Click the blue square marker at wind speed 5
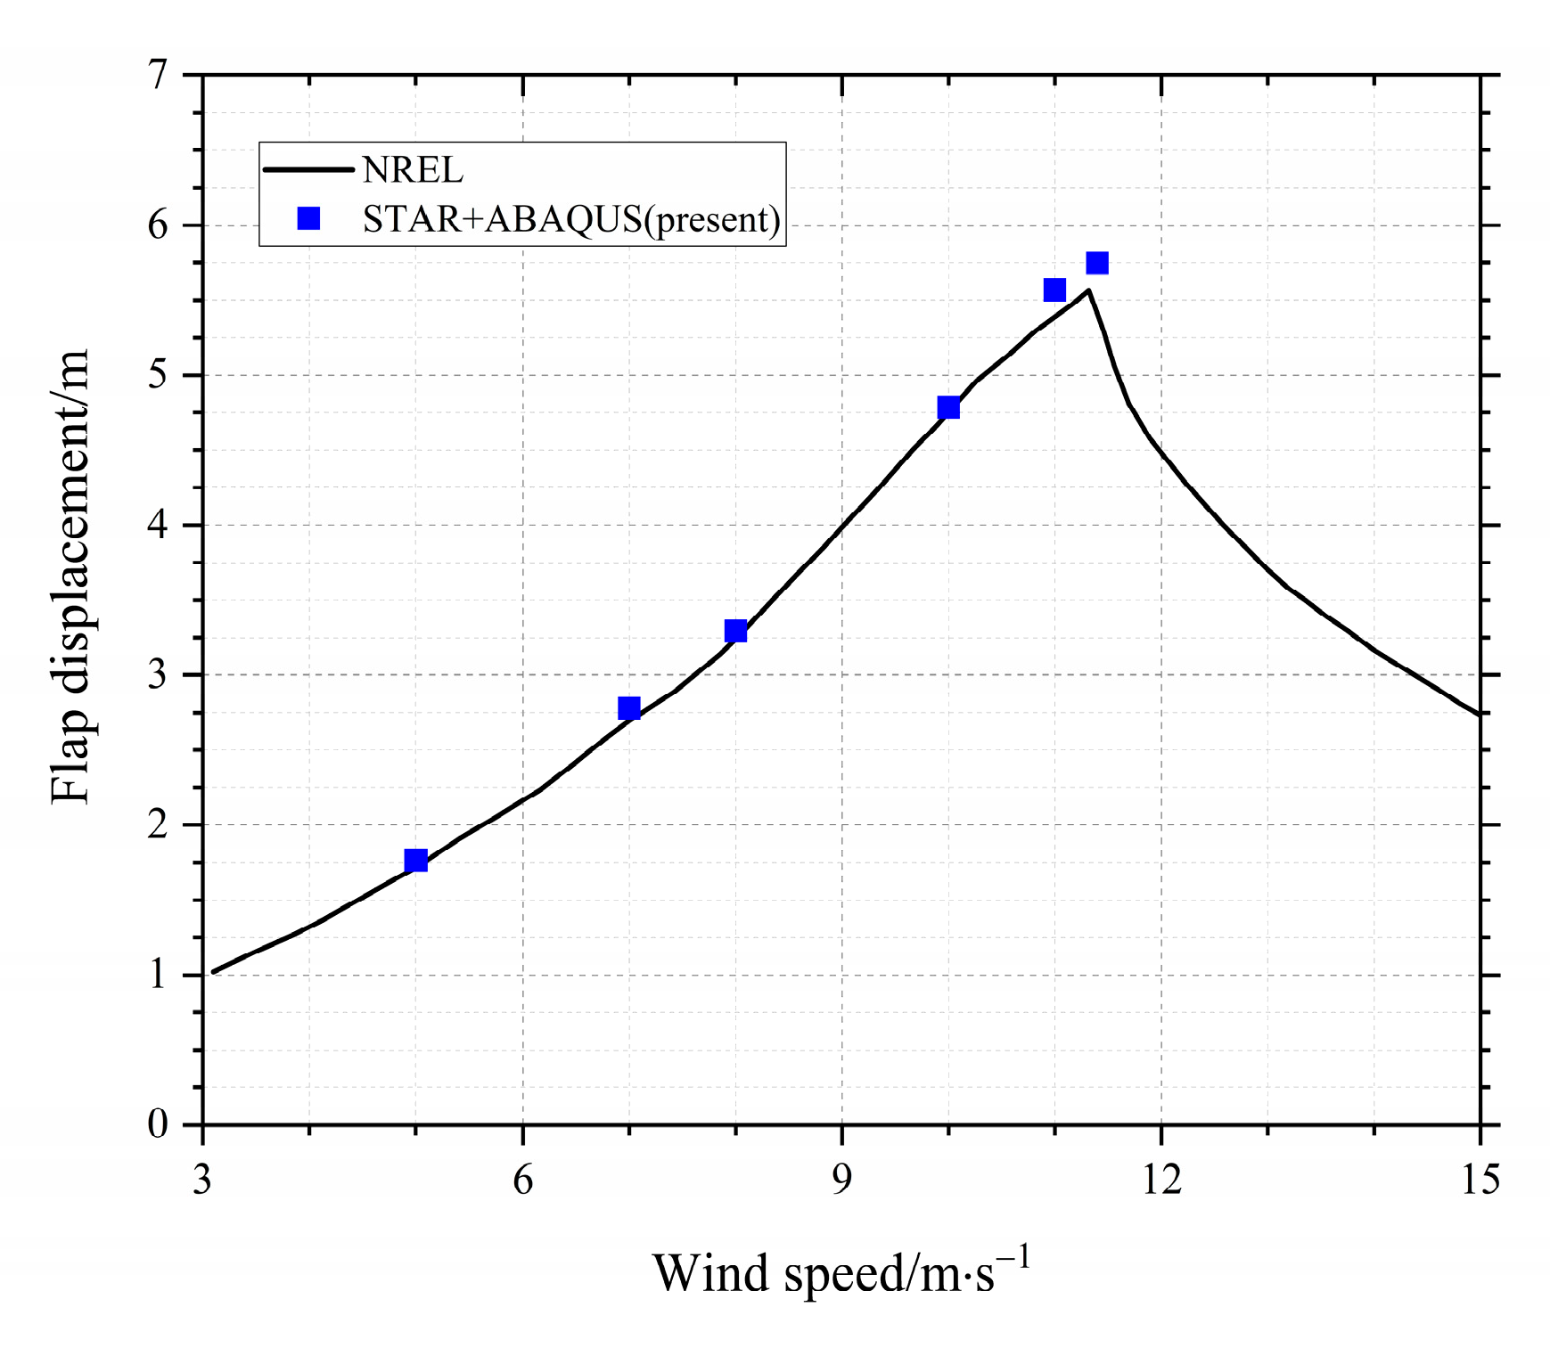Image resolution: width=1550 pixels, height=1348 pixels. pyautogui.click(x=415, y=861)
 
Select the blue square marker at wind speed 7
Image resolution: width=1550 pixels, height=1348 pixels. pyautogui.click(x=628, y=708)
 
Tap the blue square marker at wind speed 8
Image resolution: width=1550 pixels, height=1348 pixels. pyautogui.click(x=735, y=632)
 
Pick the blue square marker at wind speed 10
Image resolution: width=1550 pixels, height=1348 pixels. pyautogui.click(x=948, y=408)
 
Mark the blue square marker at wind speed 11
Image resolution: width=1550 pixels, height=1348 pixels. pyautogui.click(x=1054, y=290)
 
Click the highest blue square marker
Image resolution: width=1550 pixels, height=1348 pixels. pyautogui.click(x=1097, y=263)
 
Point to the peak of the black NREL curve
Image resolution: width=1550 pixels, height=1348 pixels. pyautogui.click(x=1088, y=290)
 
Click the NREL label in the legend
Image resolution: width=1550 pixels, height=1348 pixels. pyautogui.click(x=413, y=170)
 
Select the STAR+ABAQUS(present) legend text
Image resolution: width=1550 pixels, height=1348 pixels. pyautogui.click(x=571, y=219)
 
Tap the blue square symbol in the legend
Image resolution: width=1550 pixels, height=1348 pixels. pyautogui.click(x=308, y=218)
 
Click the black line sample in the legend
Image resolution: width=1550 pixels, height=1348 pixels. pyautogui.click(x=308, y=169)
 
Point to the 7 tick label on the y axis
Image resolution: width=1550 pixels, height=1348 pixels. pyautogui.click(x=158, y=75)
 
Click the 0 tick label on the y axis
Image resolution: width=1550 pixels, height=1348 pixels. pyautogui.click(x=158, y=1124)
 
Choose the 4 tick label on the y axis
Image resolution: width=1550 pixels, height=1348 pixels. pyautogui.click(x=158, y=525)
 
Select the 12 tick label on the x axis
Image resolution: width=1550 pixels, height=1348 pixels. pyautogui.click(x=1161, y=1181)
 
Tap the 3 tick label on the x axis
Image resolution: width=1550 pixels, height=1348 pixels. pyautogui.click(x=203, y=1181)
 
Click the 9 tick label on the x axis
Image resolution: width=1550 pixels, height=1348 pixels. pyautogui.click(x=842, y=1181)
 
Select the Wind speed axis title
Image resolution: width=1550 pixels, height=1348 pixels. pyautogui.click(x=841, y=1272)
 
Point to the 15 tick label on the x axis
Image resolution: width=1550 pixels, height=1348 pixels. pyautogui.click(x=1480, y=1181)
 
